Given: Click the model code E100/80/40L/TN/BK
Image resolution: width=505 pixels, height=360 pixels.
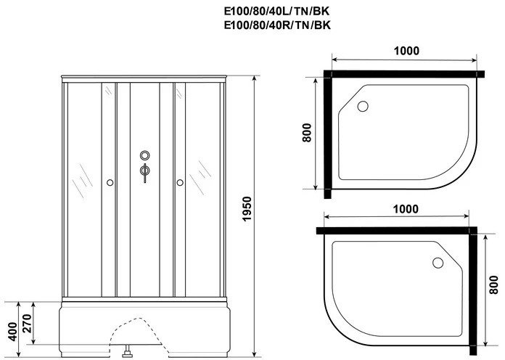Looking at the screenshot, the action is coord(276,12).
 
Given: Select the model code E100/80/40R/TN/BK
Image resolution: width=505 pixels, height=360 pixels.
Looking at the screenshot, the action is coord(277,25).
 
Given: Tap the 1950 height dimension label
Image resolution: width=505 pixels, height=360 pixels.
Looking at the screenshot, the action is coord(247,208).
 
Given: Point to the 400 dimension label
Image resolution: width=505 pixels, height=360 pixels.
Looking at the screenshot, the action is coord(12,331).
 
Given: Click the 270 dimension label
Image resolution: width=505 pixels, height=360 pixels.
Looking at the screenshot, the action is coord(27,323).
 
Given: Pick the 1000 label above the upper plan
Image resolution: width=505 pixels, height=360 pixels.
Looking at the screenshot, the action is coord(406,51).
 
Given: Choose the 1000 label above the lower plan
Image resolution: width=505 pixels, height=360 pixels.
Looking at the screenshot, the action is coord(406,209).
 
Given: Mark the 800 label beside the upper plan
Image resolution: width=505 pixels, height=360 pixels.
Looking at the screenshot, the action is coord(307,133).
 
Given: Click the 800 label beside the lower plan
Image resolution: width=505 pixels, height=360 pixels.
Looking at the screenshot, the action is coord(493,285).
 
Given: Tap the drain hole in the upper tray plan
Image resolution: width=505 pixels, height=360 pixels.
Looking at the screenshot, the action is coord(363,106).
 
